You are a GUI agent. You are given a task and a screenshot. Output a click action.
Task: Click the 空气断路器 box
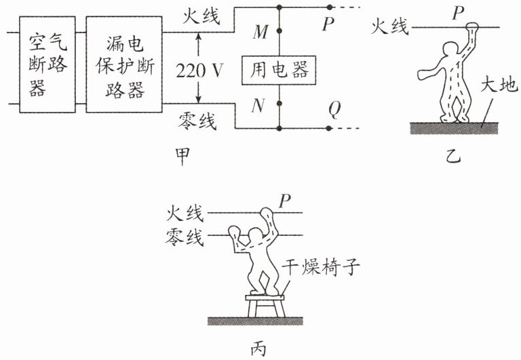[x=47, y=64]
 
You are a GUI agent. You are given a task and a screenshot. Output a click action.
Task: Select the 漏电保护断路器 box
[x=124, y=64]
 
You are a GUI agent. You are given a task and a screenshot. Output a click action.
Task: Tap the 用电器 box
[x=278, y=71]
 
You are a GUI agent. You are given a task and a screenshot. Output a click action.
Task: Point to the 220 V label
[x=199, y=71]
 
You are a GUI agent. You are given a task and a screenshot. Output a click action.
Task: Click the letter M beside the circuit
[x=260, y=32]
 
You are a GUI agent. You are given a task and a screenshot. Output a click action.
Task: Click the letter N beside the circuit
[x=258, y=106]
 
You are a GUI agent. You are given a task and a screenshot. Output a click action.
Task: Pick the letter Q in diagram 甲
[x=334, y=109]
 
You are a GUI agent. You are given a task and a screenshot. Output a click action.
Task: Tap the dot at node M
[x=279, y=31]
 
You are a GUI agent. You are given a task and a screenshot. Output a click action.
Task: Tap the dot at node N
[x=279, y=104]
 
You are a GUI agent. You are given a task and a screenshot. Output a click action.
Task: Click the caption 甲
[x=182, y=156]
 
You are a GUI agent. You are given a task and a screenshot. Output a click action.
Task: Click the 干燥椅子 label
[x=321, y=266]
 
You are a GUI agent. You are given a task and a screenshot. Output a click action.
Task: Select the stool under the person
[x=265, y=306]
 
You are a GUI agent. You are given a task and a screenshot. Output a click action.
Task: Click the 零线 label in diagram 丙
[x=184, y=237]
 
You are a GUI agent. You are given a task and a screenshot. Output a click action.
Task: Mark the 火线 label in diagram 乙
[x=389, y=26]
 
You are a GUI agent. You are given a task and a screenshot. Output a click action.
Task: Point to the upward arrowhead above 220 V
[x=198, y=37]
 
